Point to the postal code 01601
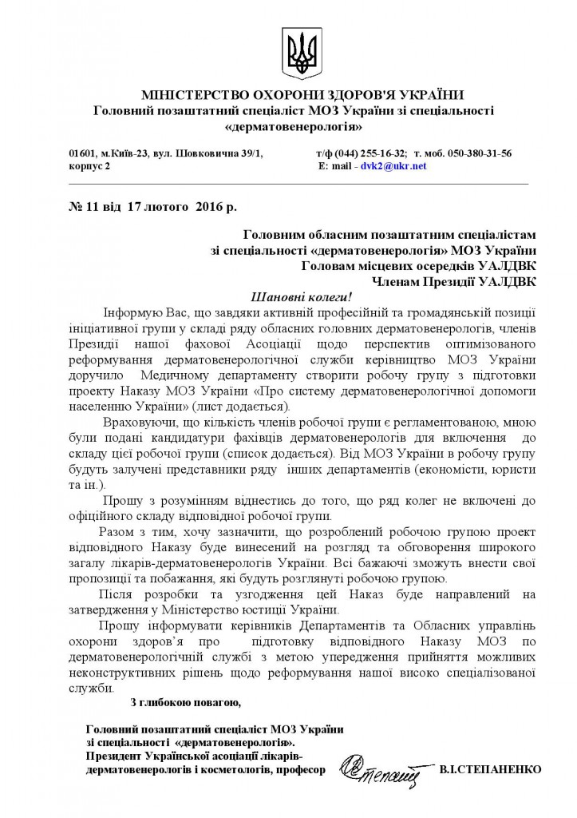click(81, 153)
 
